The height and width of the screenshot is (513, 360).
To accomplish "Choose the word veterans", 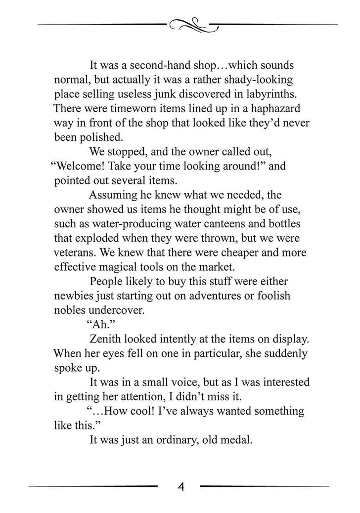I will [73, 253].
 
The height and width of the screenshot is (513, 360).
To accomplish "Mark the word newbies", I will [76, 296].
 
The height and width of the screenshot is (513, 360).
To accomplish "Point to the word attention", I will [170, 397].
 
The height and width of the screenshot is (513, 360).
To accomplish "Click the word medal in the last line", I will [237, 440].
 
